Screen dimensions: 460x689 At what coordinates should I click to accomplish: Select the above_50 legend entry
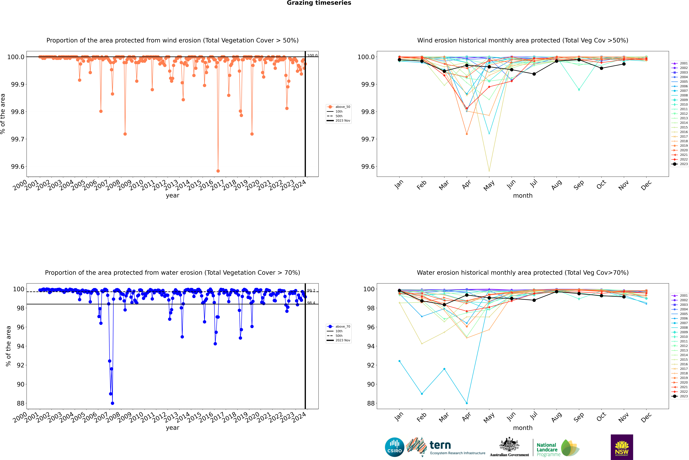coord(342,107)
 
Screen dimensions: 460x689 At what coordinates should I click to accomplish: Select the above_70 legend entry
coord(342,327)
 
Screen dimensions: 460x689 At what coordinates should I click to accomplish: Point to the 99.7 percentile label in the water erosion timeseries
coord(311,290)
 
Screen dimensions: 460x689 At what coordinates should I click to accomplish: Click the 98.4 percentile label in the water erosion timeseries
coord(311,303)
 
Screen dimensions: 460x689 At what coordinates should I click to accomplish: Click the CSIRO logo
coord(394,447)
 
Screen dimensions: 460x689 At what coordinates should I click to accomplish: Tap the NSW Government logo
coord(622,447)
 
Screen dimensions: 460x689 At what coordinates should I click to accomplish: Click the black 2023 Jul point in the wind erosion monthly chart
coord(534,74)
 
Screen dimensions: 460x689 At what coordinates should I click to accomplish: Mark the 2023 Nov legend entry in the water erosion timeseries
coord(342,340)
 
